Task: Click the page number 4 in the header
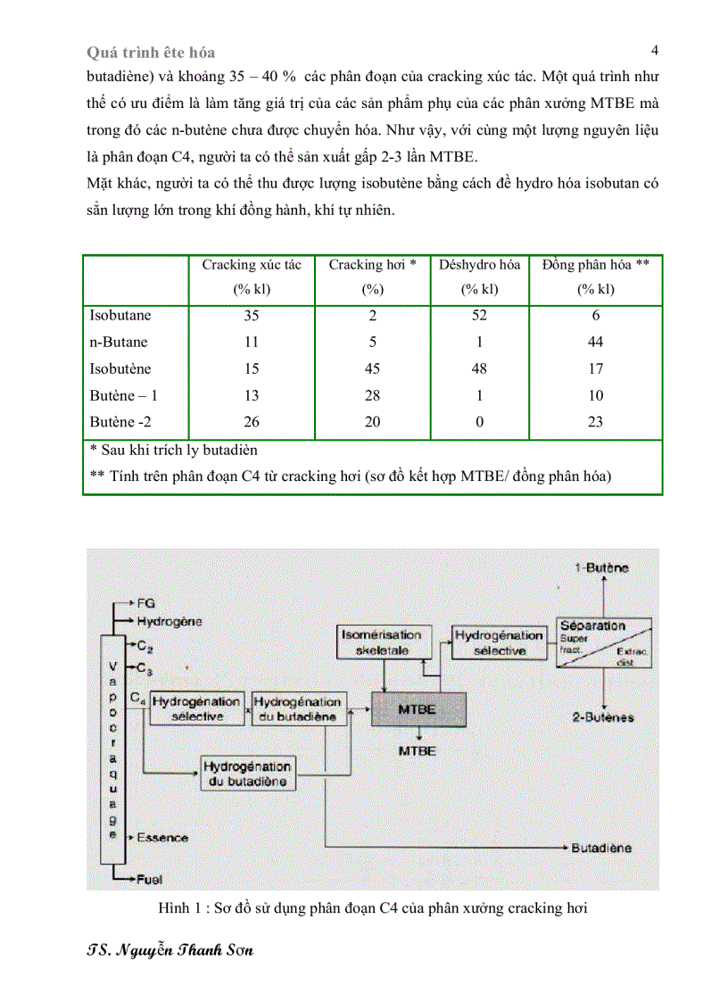coord(655,50)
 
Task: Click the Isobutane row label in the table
coord(120,315)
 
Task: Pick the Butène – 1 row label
coord(124,395)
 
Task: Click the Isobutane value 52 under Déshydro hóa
coord(479,315)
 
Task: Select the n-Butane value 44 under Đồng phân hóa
coord(596,342)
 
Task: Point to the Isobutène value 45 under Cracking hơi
coord(373,369)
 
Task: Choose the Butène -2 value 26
coord(252,422)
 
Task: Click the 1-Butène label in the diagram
coord(601,567)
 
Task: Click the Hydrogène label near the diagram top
coord(170,621)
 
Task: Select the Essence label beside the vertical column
coord(162,838)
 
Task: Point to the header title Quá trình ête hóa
coord(151,53)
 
